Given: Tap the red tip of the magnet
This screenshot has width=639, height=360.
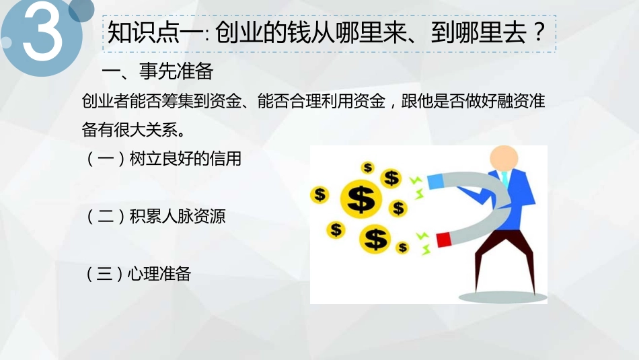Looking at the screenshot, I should point(443,239).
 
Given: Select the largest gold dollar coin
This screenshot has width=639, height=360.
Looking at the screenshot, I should point(361,197).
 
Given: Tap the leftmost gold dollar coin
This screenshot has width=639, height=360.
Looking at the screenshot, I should point(319,194).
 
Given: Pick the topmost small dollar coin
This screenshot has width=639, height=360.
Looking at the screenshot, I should point(367,168).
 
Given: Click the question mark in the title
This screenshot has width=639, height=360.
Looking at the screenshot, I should point(537,33).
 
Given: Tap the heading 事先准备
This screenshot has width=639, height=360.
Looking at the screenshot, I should point(176,71).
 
